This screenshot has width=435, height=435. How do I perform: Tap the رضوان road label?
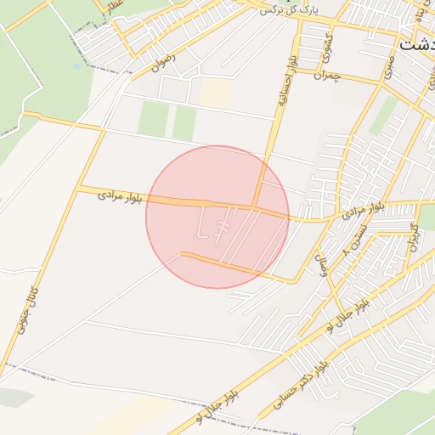tap(163, 62)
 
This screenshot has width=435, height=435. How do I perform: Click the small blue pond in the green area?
tap(77, 65)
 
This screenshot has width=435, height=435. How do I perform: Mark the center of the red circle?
tap(217, 217)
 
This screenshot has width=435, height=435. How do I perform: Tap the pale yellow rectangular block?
tap(215, 93)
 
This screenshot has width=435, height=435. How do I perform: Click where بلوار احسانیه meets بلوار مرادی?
tap(257, 206)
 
